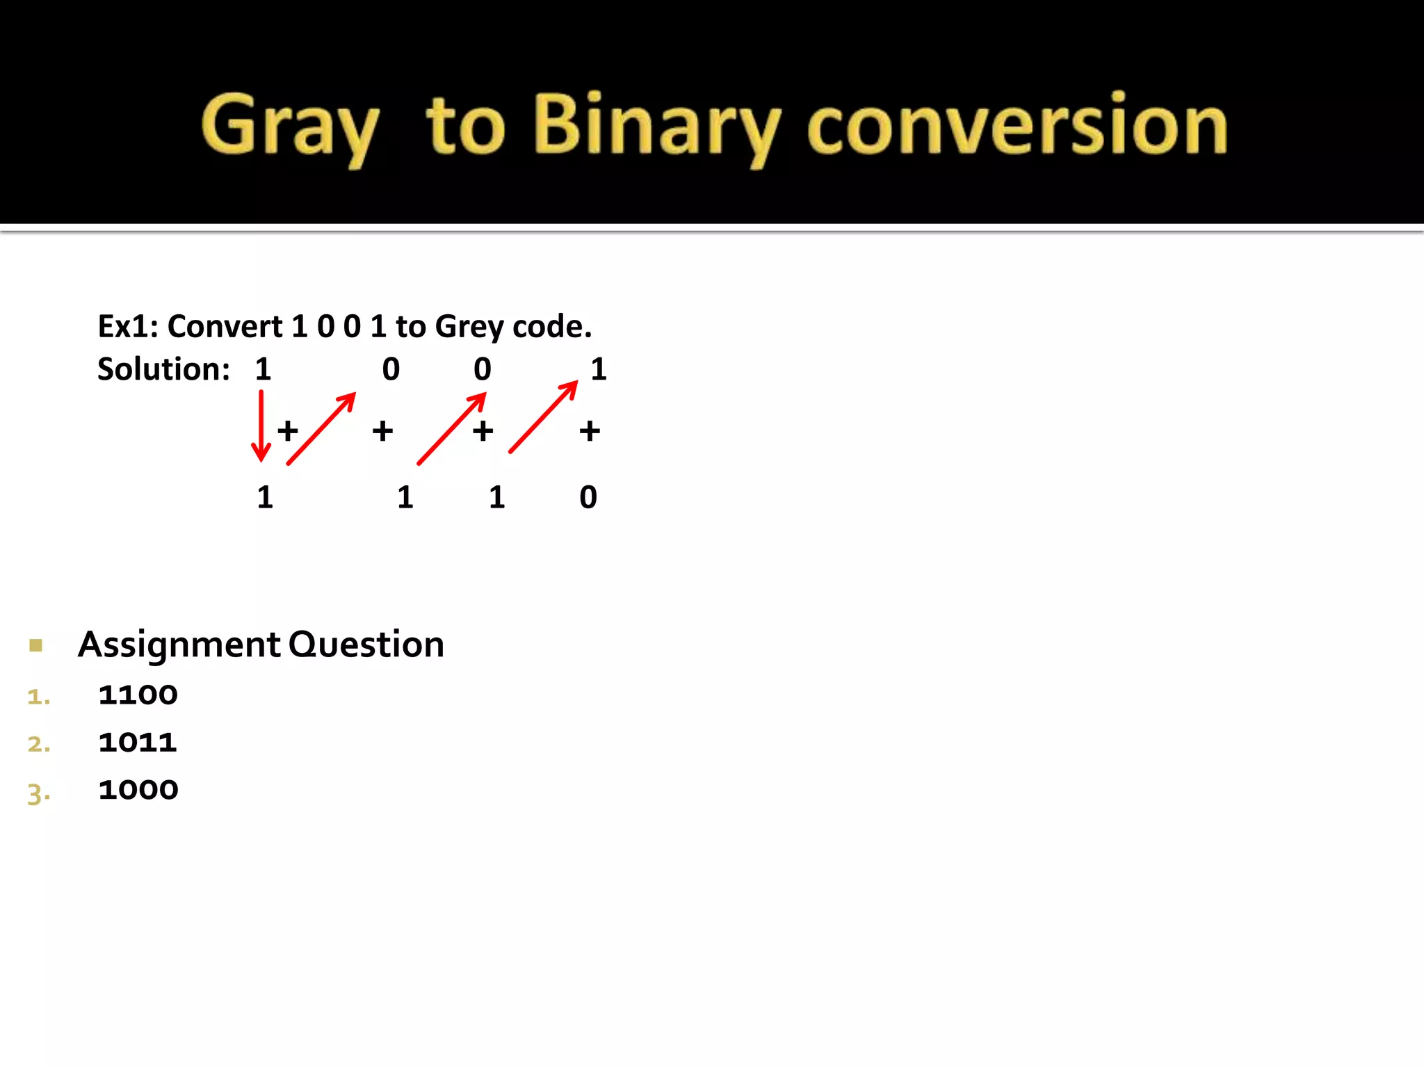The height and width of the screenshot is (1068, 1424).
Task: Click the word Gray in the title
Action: pyautogui.click(x=290, y=127)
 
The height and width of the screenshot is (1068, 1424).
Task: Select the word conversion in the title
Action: pyautogui.click(x=1017, y=127)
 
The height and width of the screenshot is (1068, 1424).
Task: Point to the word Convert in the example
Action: pyautogui.click(x=225, y=326)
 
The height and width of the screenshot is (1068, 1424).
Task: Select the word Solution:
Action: pyautogui.click(x=163, y=369)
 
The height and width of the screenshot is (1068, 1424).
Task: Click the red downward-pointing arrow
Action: pyautogui.click(x=261, y=426)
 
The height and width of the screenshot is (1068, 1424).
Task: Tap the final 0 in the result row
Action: pyautogui.click(x=588, y=497)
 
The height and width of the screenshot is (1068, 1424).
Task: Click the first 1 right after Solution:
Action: pyautogui.click(x=263, y=369)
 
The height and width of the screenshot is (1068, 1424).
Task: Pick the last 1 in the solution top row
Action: pyautogui.click(x=599, y=369)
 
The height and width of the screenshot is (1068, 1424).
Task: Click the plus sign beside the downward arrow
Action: pyautogui.click(x=287, y=431)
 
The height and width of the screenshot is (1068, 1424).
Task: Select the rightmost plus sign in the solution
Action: pyautogui.click(x=590, y=431)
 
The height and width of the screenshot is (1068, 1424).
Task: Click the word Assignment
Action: pyautogui.click(x=179, y=645)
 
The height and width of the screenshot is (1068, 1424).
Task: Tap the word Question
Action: pyautogui.click(x=366, y=645)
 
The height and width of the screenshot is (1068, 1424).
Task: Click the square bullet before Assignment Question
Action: pyautogui.click(x=36, y=645)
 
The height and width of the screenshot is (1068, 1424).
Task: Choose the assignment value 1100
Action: pyautogui.click(x=138, y=695)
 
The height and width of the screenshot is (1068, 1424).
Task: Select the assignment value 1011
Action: pyautogui.click(x=138, y=742)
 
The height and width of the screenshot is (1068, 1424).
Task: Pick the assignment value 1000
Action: pyautogui.click(x=138, y=790)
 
